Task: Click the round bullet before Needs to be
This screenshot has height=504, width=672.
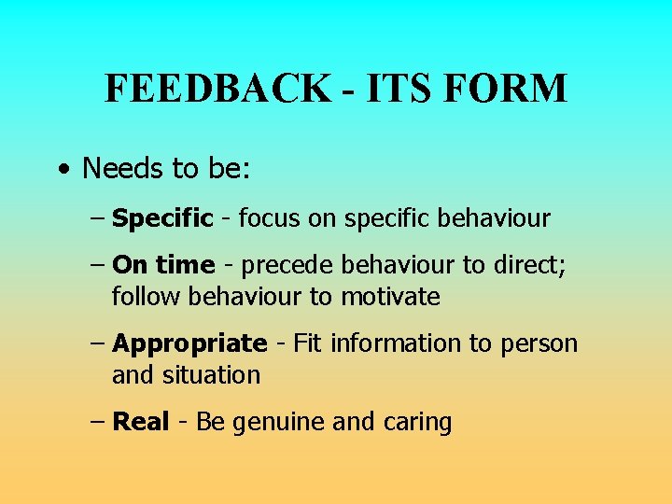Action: point(62,170)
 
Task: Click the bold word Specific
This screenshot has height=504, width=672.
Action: point(162,219)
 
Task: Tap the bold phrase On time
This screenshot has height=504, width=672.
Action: point(163,265)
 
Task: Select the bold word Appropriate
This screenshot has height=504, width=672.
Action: point(189,343)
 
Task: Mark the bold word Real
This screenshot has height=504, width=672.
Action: point(140,422)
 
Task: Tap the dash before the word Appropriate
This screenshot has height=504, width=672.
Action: point(99,343)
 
